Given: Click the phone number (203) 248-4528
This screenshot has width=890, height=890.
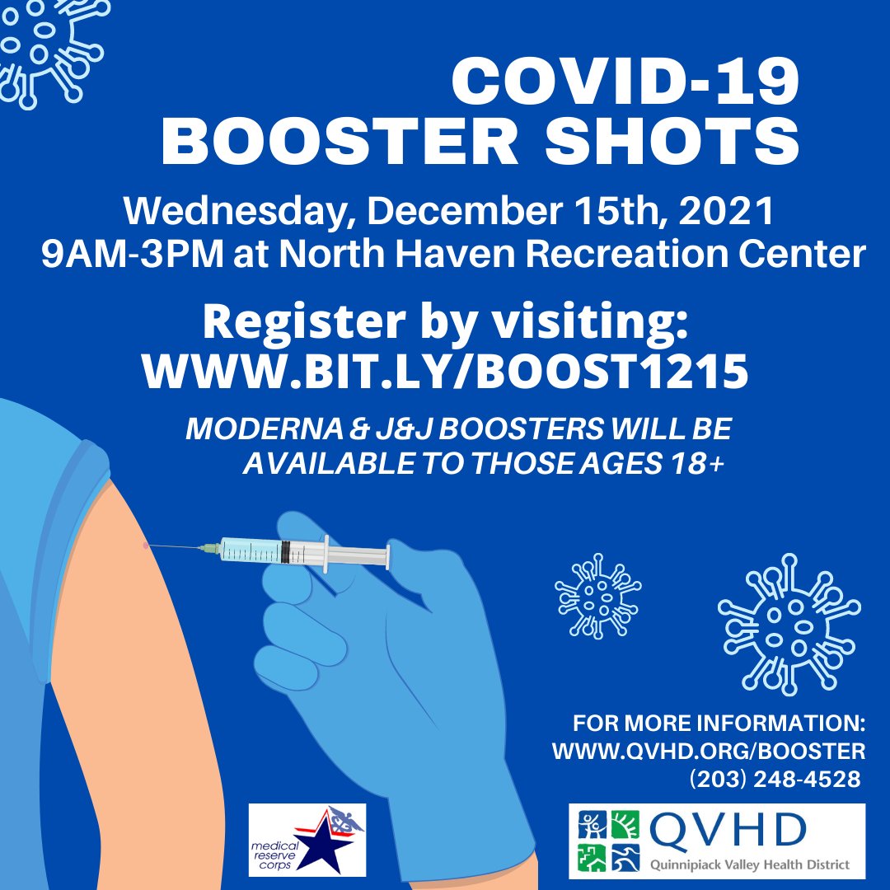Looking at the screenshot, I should point(774,779).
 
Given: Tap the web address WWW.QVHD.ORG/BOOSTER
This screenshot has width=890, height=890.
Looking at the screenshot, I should point(708,752).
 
